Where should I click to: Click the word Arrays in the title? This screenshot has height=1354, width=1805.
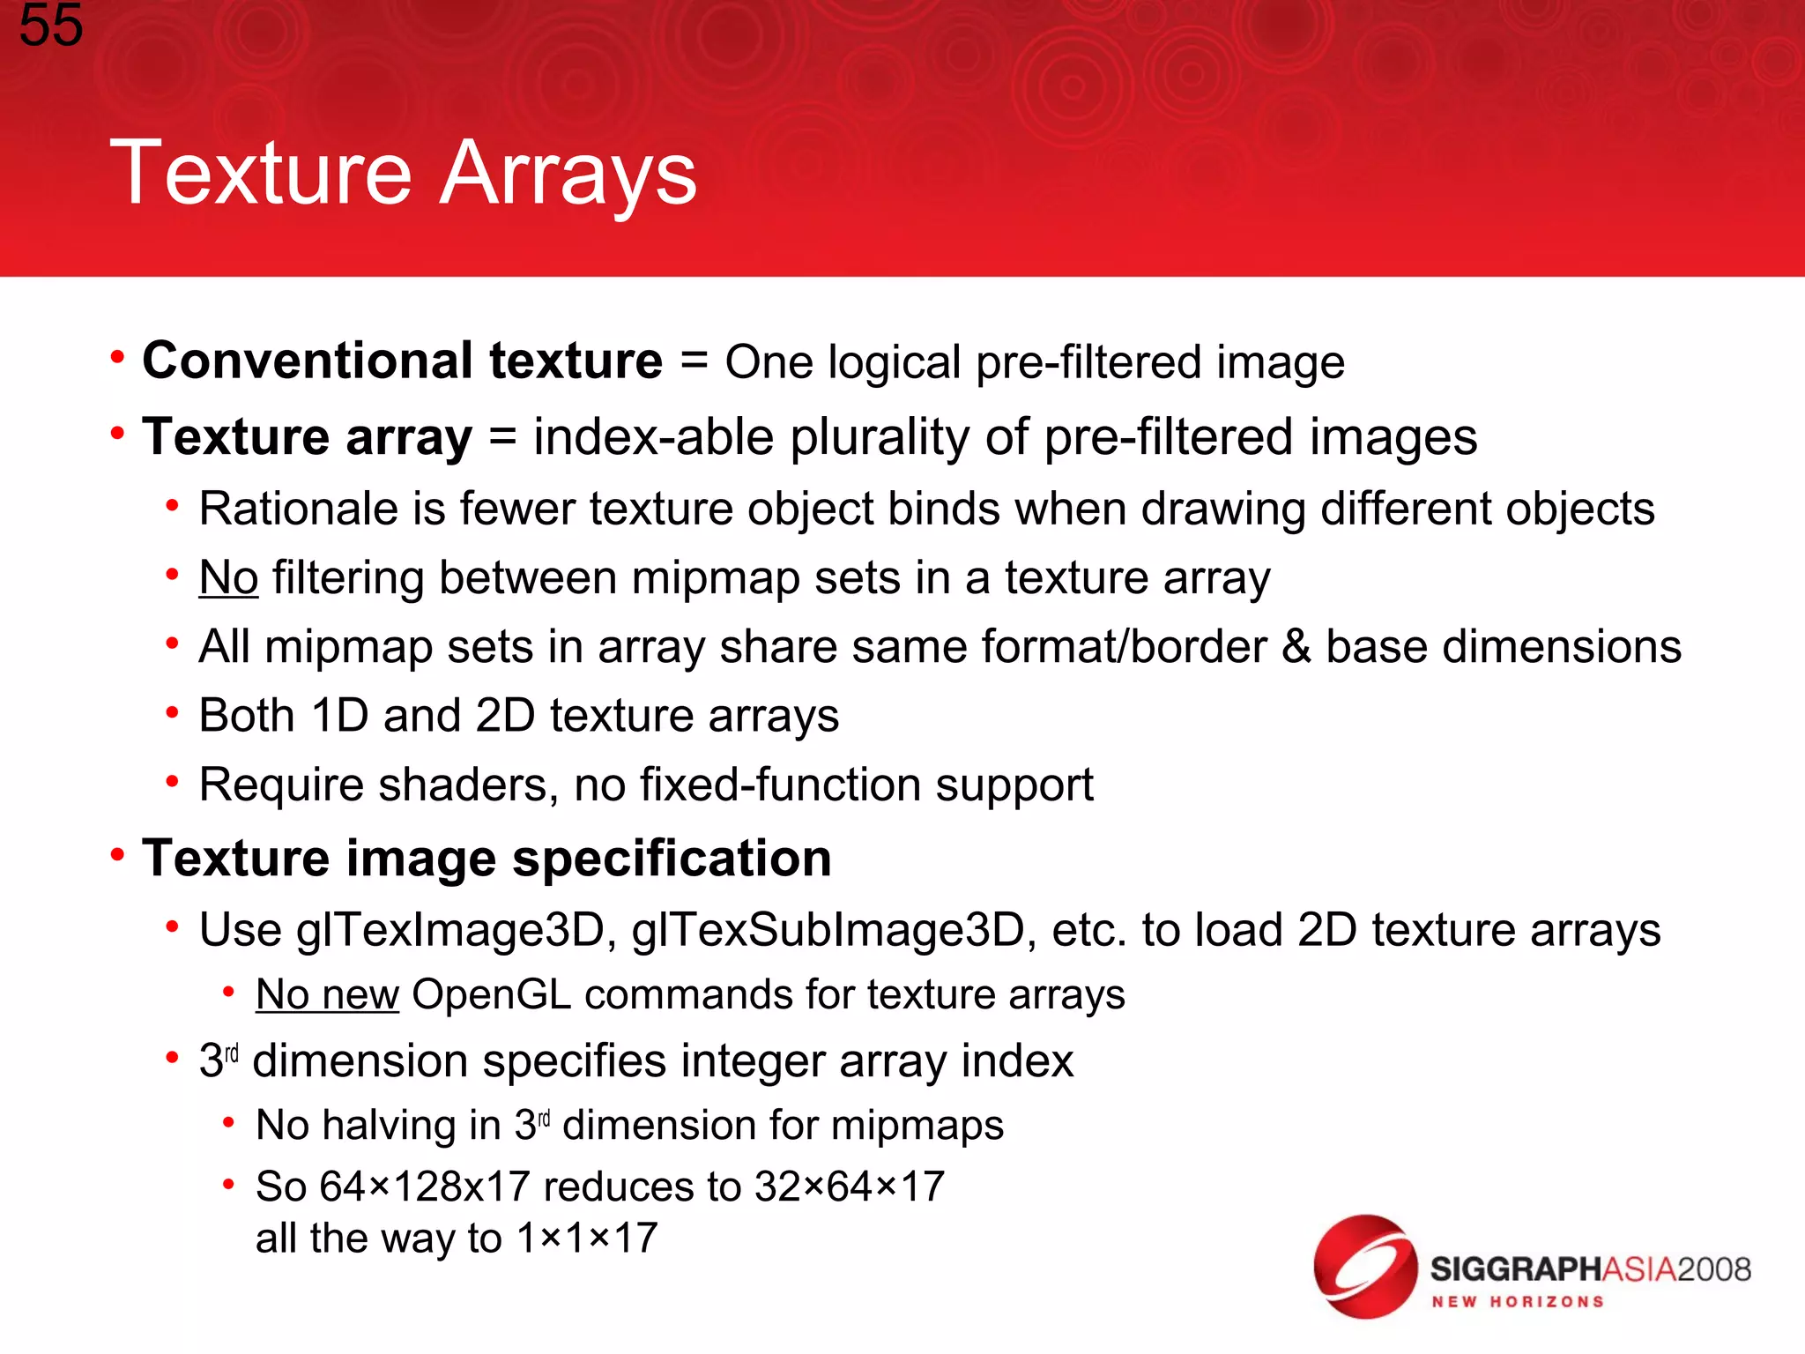click(568, 174)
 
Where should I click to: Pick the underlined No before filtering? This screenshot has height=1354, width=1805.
click(228, 578)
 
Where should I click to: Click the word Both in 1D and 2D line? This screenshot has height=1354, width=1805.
click(246, 715)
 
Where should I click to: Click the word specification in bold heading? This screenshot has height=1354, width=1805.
click(672, 859)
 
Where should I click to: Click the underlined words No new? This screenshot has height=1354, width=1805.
click(327, 994)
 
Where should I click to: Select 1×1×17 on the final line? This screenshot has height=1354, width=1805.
click(587, 1239)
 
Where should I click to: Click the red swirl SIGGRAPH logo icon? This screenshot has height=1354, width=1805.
click(1364, 1267)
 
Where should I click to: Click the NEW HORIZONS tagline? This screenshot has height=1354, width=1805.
click(1517, 1302)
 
